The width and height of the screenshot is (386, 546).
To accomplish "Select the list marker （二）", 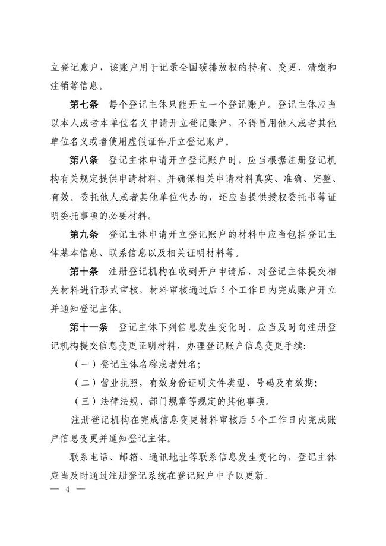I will coord(85,383).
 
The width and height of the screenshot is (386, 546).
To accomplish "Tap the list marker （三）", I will coord(85,401).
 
